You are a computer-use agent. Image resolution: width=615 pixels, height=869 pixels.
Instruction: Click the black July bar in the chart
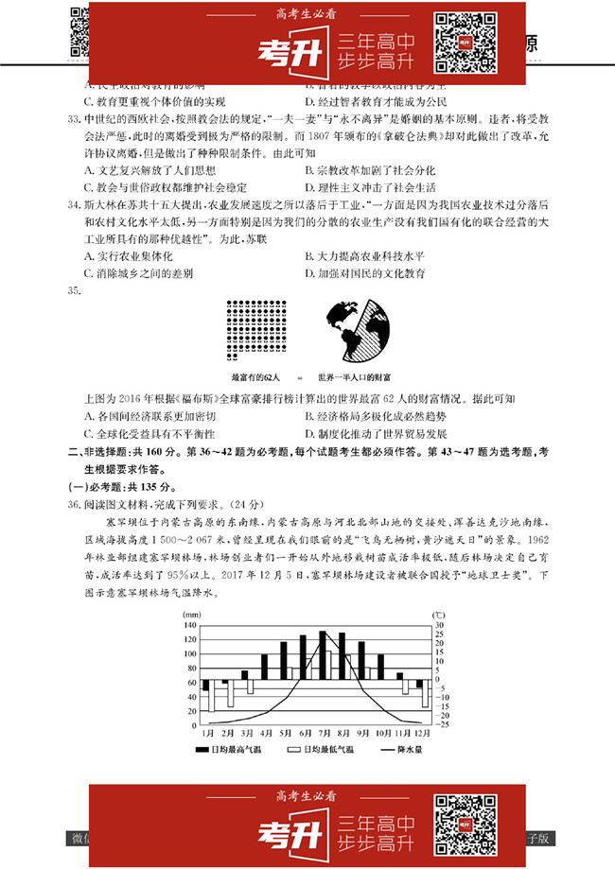tap(323, 654)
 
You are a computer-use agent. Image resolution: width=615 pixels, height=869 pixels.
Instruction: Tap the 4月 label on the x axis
tap(266, 734)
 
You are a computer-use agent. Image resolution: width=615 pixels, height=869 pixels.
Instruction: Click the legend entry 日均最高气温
tap(234, 749)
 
